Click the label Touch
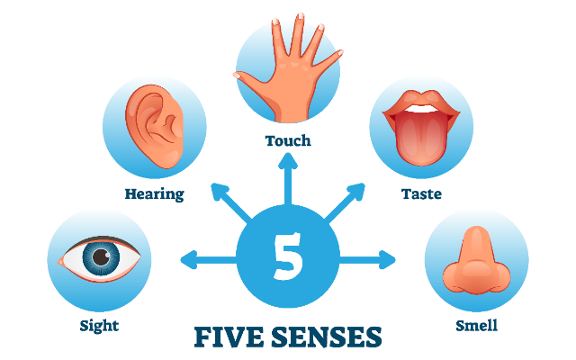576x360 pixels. coord(288,140)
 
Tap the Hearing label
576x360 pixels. coord(154,194)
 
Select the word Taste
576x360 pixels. coord(421,193)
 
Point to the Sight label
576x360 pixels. coord(99,326)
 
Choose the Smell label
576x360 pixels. coord(476,326)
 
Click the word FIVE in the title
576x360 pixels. coord(229,337)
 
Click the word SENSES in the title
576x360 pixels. coord(327,337)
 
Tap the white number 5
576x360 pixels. coord(288,256)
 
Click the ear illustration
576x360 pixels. coord(154,126)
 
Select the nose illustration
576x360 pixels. coord(476,261)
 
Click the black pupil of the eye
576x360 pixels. coord(101,256)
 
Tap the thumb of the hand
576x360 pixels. coord(254,83)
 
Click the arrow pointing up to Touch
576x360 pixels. coord(288,179)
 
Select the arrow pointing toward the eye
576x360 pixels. coord(209,260)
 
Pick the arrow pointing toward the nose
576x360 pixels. coord(367,260)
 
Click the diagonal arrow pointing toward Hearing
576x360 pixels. coord(231,203)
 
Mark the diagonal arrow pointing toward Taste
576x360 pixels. coord(345,203)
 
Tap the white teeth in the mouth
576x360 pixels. coord(421,109)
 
